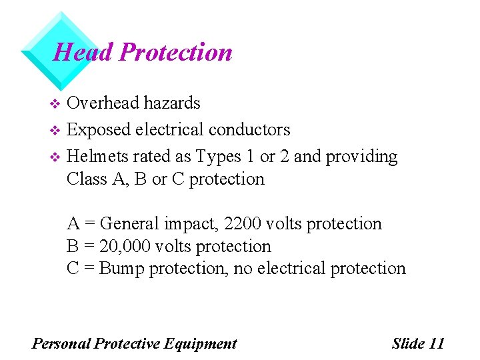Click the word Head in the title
83,52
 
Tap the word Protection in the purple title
175,52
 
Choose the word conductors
249,129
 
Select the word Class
85,179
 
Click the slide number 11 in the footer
437,343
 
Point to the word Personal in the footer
61,343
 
